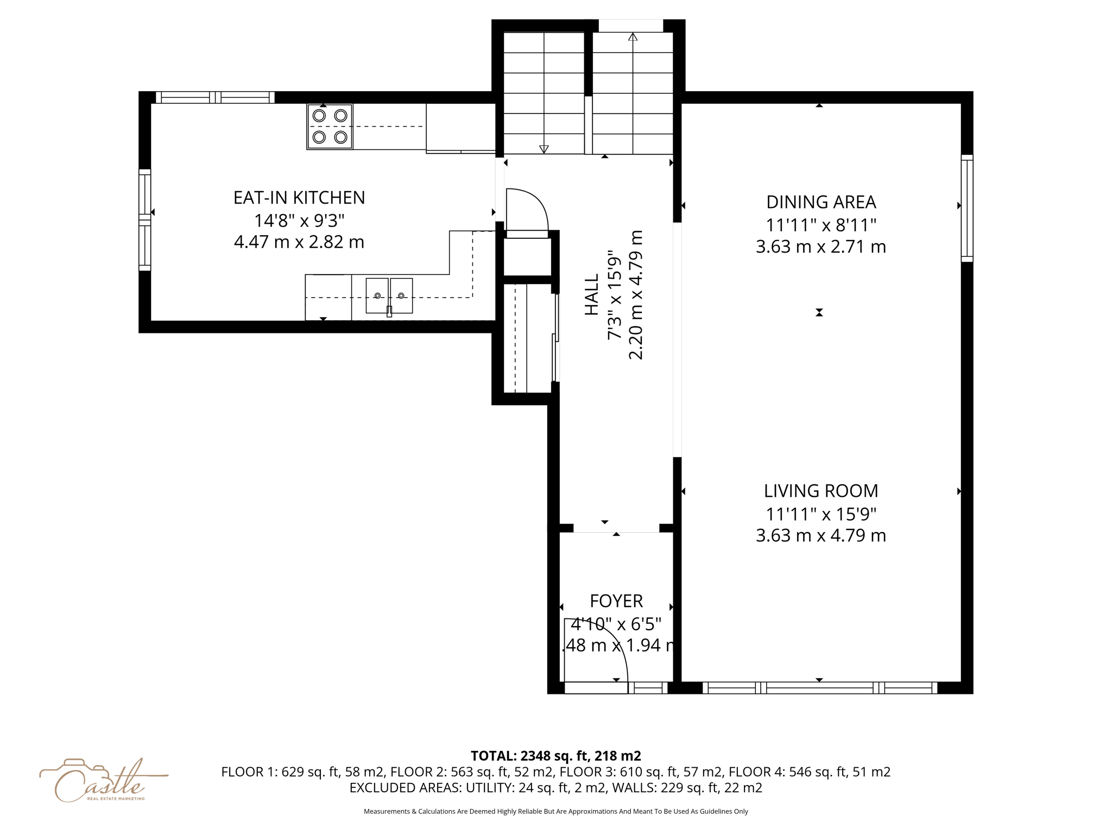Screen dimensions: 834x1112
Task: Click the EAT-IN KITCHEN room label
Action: [x=299, y=198]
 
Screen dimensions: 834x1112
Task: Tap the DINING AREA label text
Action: [x=820, y=202]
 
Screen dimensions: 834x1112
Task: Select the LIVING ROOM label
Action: [x=820, y=491]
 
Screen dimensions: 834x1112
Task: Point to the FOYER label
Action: [x=616, y=601]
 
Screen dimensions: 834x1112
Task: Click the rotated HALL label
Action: [x=592, y=294]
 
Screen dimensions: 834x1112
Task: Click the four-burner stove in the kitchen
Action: [x=330, y=127]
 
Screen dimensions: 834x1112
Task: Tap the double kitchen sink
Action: [x=389, y=296]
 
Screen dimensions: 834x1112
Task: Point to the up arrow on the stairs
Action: [x=633, y=37]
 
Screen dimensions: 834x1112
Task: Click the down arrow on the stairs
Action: [x=544, y=149]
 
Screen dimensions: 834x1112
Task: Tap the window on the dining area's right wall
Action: [x=967, y=208]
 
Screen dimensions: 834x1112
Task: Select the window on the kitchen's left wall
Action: [x=144, y=220]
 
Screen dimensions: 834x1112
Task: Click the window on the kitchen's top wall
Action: [x=216, y=98]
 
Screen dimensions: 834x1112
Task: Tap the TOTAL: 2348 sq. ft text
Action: [x=555, y=756]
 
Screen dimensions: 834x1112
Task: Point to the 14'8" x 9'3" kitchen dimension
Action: [x=299, y=220]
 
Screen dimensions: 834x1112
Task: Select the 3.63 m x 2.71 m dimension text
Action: [x=820, y=247]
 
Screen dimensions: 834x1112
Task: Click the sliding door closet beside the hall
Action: [x=528, y=338]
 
